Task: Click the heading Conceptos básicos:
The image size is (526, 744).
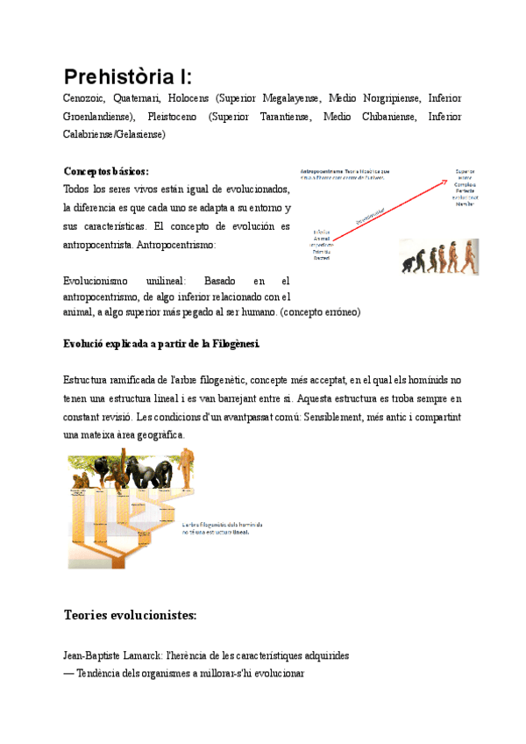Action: (x=106, y=171)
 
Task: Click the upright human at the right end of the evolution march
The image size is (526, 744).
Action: (x=470, y=256)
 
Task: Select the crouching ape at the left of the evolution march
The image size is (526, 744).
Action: (x=408, y=264)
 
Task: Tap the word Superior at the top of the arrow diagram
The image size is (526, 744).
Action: (x=464, y=172)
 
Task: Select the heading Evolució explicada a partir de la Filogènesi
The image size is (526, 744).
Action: (x=162, y=343)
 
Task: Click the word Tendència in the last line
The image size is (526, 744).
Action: (x=103, y=673)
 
